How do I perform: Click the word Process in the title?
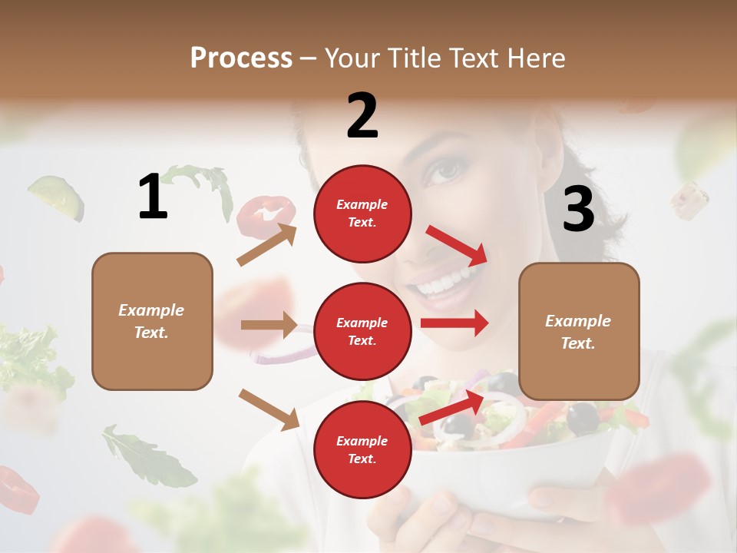[241, 58]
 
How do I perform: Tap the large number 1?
[153, 197]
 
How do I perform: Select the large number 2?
[362, 116]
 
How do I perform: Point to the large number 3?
[578, 209]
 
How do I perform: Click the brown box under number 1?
[152, 321]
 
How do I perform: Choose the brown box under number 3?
[579, 331]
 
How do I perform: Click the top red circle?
[362, 214]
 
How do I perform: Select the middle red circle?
[362, 331]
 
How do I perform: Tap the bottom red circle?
[362, 449]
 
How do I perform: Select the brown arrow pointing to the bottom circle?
[269, 409]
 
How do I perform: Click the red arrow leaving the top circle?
[457, 245]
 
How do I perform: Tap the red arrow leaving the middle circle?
[454, 323]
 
